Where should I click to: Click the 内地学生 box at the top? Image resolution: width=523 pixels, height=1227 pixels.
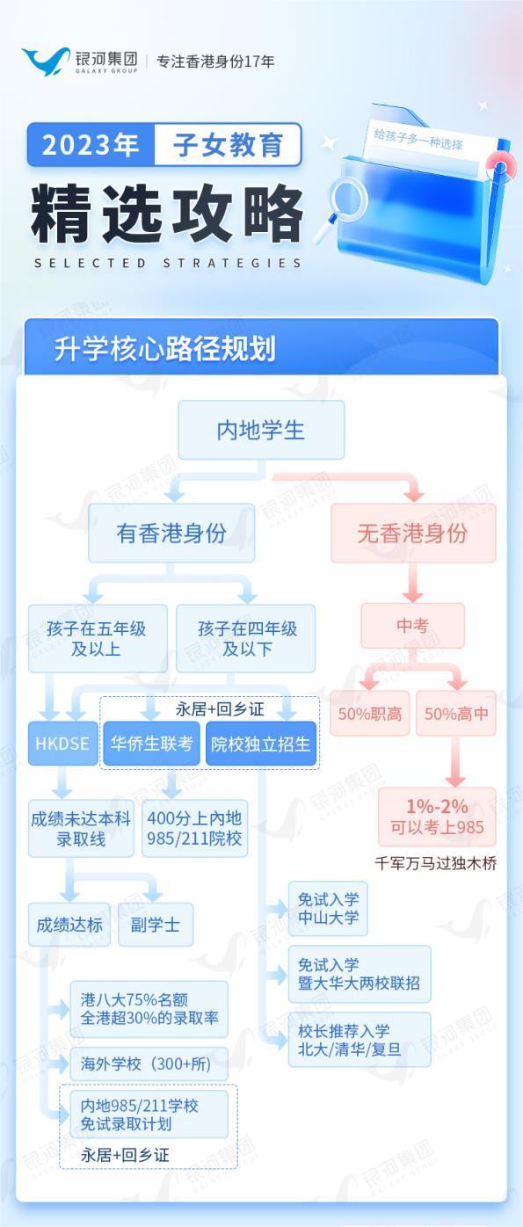[x=261, y=430]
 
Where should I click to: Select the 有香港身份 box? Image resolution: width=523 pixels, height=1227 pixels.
[x=171, y=533]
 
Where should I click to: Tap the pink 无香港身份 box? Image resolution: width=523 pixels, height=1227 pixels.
[x=413, y=533]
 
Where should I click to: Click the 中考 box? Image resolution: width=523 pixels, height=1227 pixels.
[x=412, y=626]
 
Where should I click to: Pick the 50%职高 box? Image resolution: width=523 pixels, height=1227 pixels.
[x=370, y=713]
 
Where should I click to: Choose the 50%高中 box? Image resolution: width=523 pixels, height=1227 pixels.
[x=456, y=713]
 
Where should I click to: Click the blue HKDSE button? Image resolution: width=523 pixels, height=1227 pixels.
[x=62, y=744]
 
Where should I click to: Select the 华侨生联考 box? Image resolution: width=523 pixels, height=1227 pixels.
[x=152, y=744]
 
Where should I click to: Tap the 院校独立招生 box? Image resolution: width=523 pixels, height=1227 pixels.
[x=261, y=744]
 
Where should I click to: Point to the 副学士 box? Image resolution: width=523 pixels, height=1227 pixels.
[x=156, y=925]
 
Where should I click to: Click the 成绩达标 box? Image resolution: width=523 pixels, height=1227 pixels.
[x=69, y=925]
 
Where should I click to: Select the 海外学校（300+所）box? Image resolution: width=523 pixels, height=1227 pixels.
[x=149, y=1064]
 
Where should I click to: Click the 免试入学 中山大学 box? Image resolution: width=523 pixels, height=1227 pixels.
[x=328, y=908]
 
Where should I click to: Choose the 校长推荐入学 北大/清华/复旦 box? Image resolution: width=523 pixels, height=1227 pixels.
[x=360, y=1040]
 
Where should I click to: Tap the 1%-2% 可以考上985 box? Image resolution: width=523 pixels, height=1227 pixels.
[x=437, y=817]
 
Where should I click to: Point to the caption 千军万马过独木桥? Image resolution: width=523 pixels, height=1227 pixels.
[x=436, y=863]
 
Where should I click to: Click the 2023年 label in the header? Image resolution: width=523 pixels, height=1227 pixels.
[x=91, y=145]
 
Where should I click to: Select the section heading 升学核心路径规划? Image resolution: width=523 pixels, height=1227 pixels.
[x=164, y=349]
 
